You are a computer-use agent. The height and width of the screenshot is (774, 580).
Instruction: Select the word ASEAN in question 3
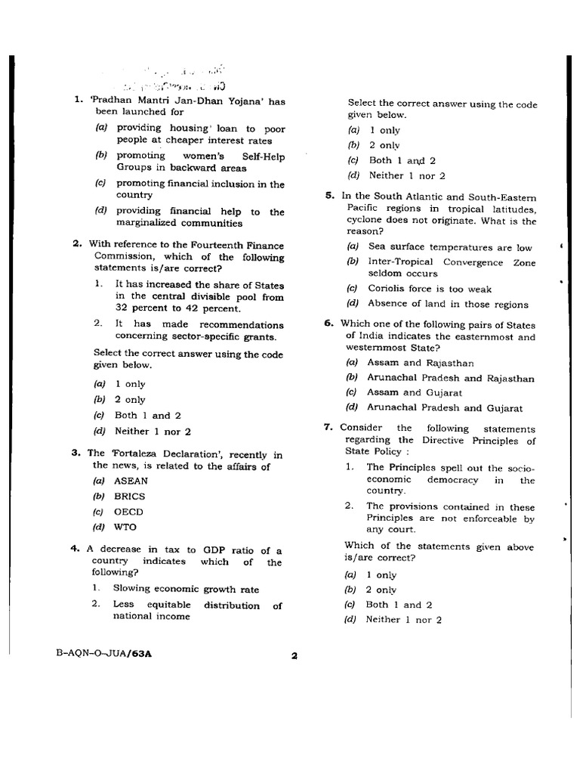point(131,481)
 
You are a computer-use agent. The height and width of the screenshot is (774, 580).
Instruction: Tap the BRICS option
point(129,497)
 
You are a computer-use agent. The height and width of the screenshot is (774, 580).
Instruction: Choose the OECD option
point(128,512)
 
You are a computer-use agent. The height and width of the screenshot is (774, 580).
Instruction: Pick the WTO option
point(125,527)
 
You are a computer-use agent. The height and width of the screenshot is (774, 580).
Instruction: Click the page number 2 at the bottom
point(294,656)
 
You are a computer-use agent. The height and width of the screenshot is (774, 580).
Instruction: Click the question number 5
point(329,195)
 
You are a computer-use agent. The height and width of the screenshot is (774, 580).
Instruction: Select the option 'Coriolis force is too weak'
point(429,289)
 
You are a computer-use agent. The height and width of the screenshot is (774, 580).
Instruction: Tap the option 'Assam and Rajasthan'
point(420,363)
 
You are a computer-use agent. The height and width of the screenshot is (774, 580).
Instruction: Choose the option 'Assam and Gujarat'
point(415,392)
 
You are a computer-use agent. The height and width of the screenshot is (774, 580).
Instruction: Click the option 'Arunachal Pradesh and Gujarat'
point(444,407)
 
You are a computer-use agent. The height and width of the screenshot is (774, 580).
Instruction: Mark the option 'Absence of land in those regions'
point(448,304)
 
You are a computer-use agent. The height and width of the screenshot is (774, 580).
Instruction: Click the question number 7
point(329,427)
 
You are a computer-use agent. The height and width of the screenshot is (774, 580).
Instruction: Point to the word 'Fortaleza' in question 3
point(135,454)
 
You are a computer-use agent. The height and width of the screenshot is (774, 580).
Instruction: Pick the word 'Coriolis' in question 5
point(388,289)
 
